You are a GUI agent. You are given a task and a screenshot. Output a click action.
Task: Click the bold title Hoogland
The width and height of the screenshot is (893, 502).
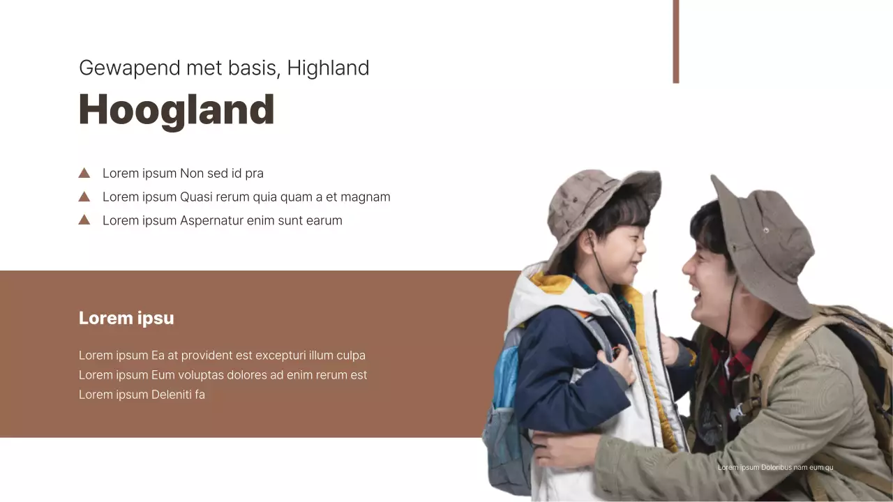177,110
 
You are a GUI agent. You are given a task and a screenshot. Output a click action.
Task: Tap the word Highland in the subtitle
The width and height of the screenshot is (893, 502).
328,68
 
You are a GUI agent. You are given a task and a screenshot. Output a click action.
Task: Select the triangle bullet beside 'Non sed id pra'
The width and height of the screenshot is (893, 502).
84,173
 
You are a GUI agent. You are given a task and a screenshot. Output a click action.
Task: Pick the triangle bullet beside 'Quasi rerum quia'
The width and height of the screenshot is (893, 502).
84,197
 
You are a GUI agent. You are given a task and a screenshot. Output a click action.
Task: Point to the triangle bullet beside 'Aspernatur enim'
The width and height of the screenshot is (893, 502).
84,220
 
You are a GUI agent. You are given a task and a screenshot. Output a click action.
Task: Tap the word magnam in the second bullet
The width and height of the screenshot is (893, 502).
367,197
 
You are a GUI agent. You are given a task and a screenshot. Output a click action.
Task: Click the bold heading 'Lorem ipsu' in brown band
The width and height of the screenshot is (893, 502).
126,319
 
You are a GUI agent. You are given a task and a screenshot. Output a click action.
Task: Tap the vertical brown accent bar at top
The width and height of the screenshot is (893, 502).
675,42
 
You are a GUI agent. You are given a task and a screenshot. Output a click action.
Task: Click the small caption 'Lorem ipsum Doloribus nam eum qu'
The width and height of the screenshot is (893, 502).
775,467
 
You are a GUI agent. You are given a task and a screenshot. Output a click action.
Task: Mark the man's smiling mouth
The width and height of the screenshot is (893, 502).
698,286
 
